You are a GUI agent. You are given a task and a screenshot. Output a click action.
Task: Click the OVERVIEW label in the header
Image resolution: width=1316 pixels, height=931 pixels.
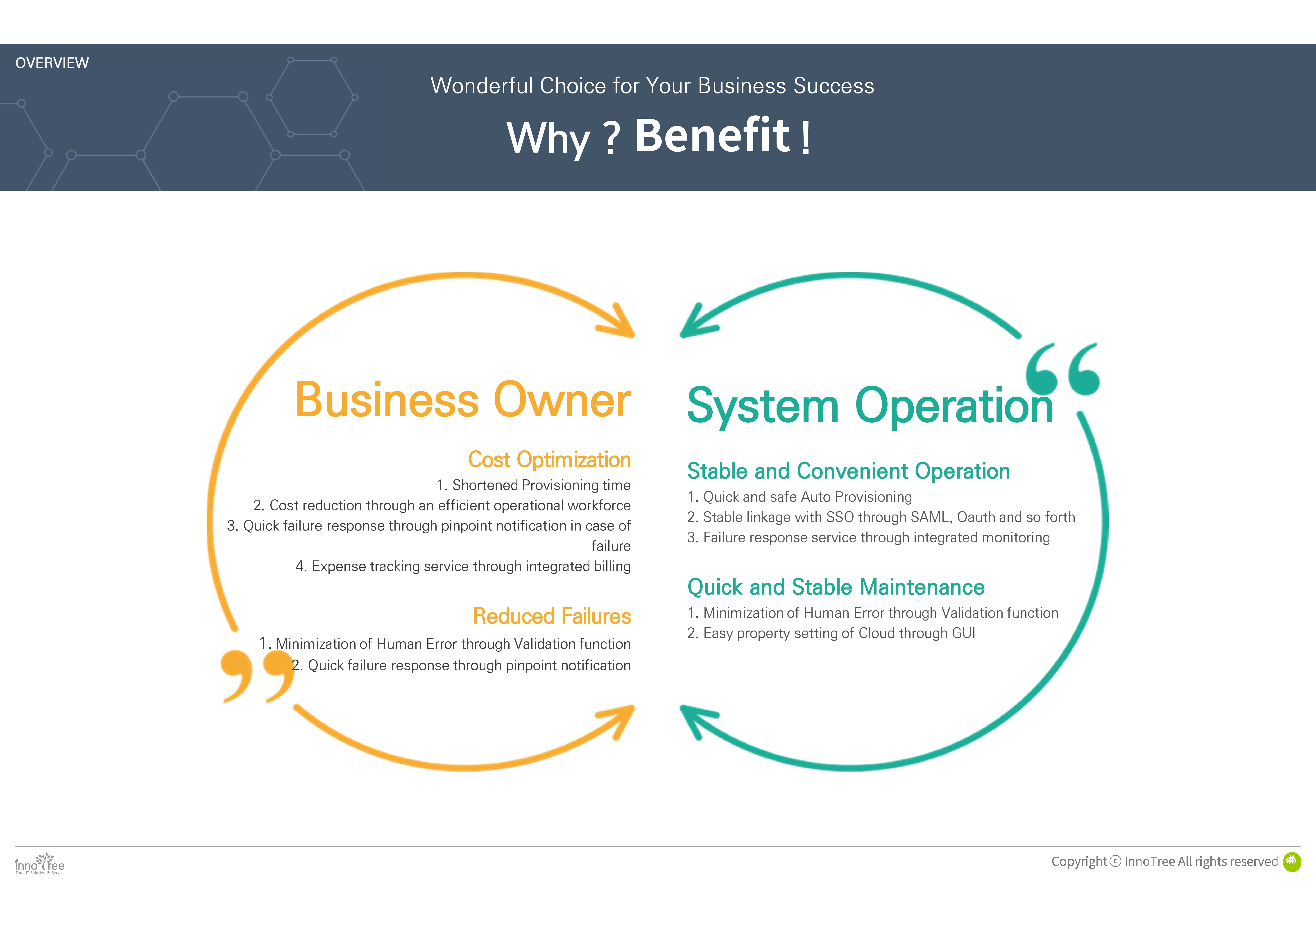coord(52,63)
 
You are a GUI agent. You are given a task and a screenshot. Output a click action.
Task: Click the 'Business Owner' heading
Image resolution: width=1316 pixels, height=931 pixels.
coord(462,400)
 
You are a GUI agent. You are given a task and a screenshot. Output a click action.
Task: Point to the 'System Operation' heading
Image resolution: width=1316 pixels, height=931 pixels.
coord(870,406)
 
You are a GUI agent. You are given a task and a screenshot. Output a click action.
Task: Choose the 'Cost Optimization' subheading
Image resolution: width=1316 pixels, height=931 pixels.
coord(549,460)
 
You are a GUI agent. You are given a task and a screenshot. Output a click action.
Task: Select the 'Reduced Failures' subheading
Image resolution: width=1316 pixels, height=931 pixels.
coord(551,616)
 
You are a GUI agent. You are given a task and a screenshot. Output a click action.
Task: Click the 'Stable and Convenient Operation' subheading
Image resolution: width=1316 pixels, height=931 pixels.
coord(848,471)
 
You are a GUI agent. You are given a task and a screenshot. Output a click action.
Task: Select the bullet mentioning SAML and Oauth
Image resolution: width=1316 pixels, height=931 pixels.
coord(881,517)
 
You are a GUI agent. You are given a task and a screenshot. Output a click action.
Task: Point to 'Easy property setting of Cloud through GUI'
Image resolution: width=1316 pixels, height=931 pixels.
coord(831,633)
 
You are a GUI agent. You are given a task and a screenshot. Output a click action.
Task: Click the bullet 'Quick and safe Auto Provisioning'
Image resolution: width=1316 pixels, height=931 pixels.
coord(800,497)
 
